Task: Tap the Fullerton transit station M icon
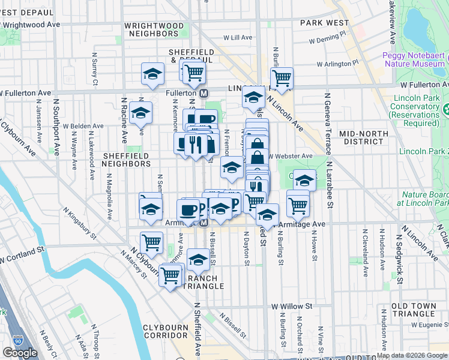click(x=204, y=94)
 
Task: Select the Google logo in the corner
click(x=20, y=353)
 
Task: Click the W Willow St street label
click(x=292, y=306)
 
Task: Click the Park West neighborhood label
click(x=324, y=23)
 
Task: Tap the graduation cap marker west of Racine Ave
click(x=141, y=112)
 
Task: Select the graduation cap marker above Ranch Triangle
click(x=198, y=259)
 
